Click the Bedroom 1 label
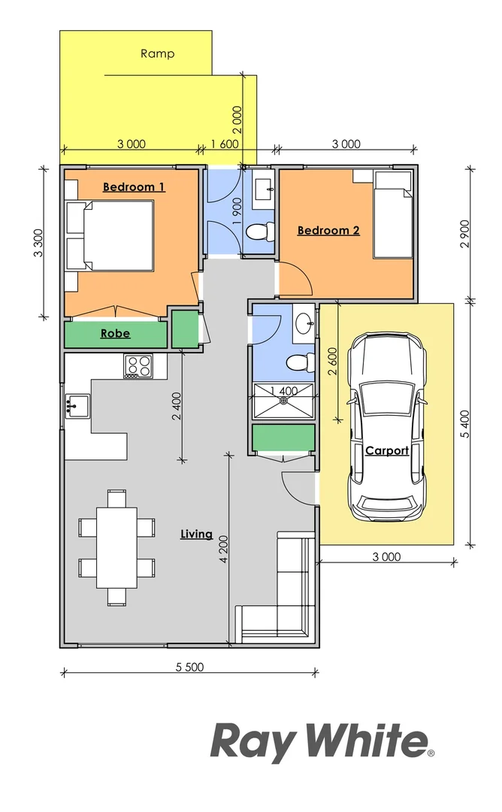tap(134, 186)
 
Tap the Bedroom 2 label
tap(328, 230)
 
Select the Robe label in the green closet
tap(115, 333)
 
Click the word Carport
tap(387, 451)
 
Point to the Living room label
tap(196, 535)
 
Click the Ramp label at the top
tap(158, 53)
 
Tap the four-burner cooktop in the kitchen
tap(138, 366)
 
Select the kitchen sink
tap(77, 407)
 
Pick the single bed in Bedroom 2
tap(394, 214)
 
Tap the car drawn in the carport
tap(386, 427)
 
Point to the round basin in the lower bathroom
tap(305, 325)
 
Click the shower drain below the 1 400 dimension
tap(283, 400)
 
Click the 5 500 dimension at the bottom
tap(189, 667)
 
